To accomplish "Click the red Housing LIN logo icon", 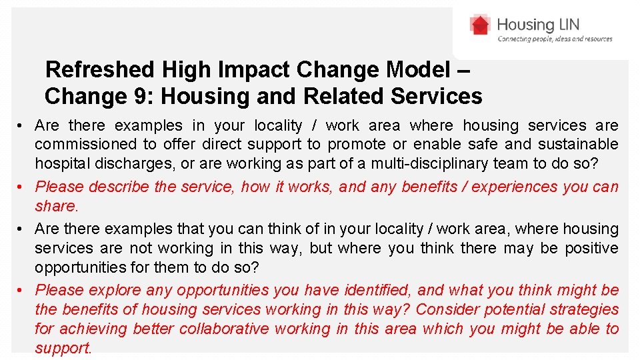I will (x=480, y=26).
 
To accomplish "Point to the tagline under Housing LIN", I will (x=555, y=39).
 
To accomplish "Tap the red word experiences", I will (x=518, y=187).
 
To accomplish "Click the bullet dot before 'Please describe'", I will (x=22, y=187).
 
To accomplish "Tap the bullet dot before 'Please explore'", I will (x=22, y=290).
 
